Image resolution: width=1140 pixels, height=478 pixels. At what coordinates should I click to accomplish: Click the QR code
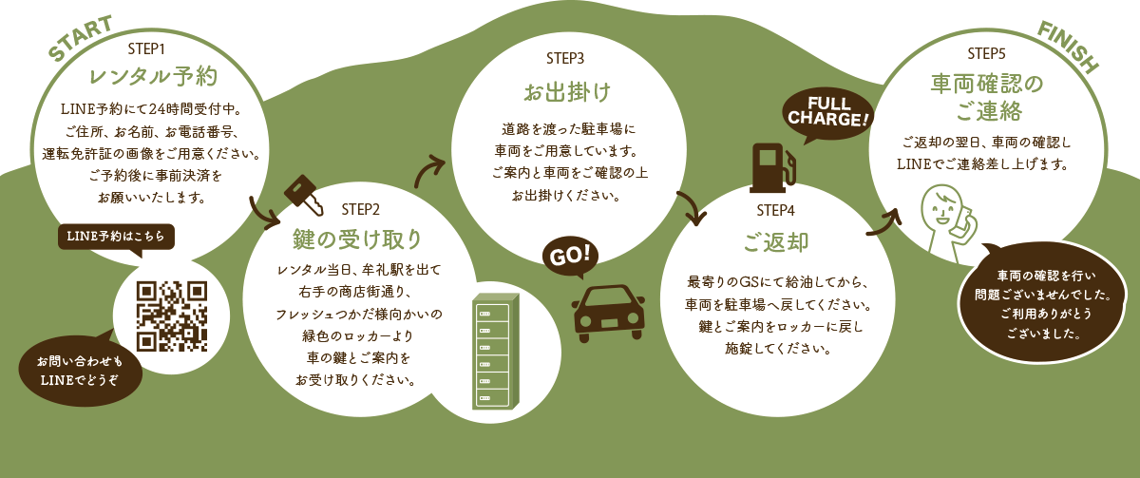pyautogui.click(x=172, y=315)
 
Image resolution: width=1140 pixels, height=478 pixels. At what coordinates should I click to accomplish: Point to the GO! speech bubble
pyautogui.click(x=571, y=256)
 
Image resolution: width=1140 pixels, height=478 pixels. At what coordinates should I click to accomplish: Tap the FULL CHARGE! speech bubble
pyautogui.click(x=826, y=112)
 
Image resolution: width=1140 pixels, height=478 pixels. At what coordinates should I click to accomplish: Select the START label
pyautogui.click(x=81, y=39)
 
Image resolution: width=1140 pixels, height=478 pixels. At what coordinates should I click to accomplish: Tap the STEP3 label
pyautogui.click(x=565, y=59)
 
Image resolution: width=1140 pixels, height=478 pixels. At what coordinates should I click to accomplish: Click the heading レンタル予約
pyautogui.click(x=154, y=76)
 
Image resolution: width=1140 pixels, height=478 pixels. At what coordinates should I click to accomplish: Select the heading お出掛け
pyautogui.click(x=566, y=93)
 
